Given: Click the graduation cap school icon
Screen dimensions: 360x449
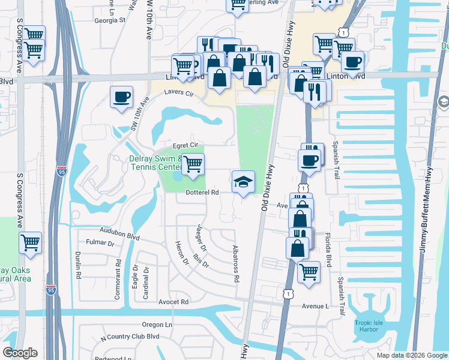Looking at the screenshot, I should click(x=243, y=182).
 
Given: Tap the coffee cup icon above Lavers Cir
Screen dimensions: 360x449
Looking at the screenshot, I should click(x=121, y=97).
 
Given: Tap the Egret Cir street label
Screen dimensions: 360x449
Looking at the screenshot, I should click(x=185, y=145).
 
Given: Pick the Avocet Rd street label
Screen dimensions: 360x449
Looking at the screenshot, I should click(x=173, y=302).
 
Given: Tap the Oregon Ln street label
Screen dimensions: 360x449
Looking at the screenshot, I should click(x=157, y=325).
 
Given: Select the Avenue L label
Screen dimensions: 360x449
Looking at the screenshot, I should click(x=316, y=306).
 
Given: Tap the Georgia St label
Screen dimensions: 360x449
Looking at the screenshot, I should click(x=109, y=20).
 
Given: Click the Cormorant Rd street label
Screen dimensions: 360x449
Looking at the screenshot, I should click(x=118, y=279).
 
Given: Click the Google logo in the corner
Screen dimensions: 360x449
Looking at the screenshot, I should click(x=20, y=353).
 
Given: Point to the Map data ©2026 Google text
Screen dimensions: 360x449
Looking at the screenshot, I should click(x=411, y=355).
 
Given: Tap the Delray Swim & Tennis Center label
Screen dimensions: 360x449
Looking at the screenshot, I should click(x=155, y=163).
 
